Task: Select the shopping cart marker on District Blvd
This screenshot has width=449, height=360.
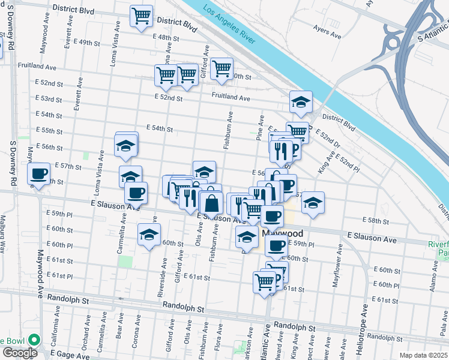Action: pos(141,16)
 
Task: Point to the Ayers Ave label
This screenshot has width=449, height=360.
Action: pos(327,31)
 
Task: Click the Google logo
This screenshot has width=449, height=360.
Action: pos(19,353)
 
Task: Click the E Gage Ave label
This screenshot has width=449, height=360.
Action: pos(75,356)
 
